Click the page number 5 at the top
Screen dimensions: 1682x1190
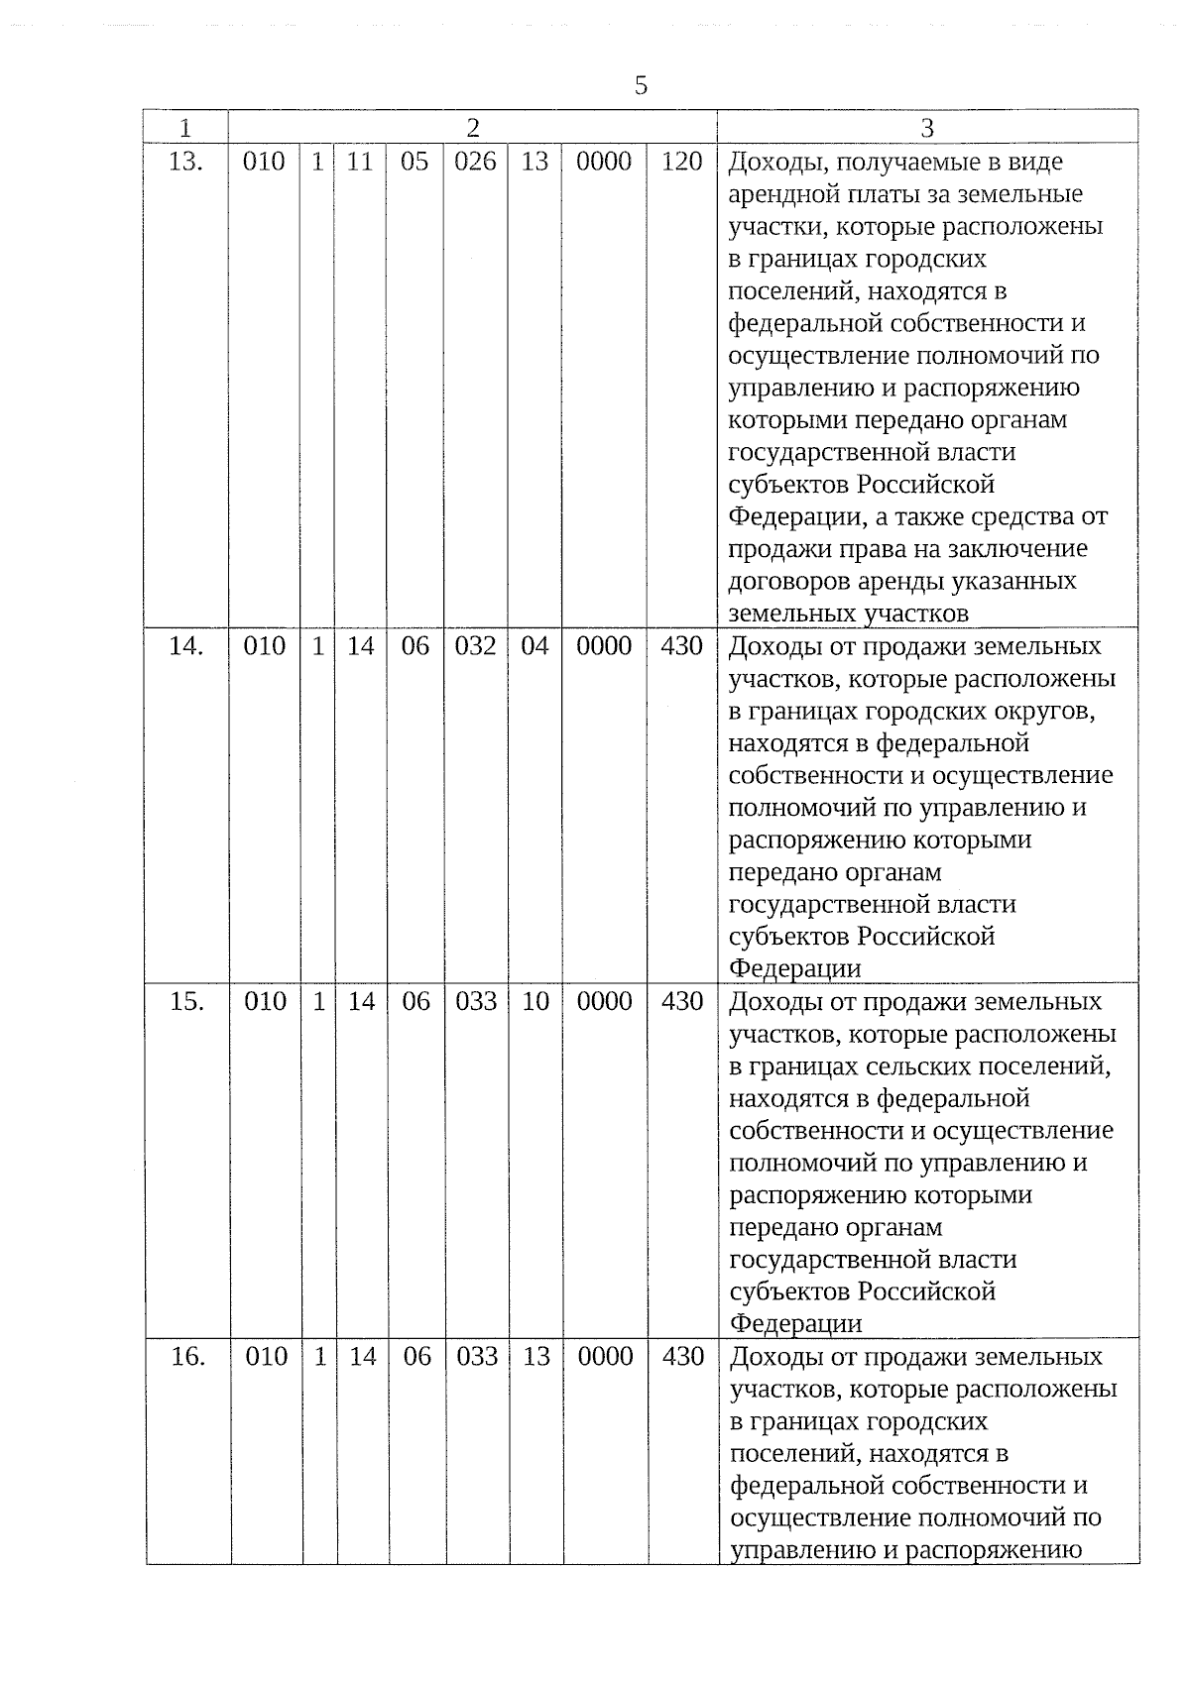point(641,86)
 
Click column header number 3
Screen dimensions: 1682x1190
point(927,128)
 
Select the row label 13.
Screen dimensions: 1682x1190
point(185,162)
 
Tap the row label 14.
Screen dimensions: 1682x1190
point(185,646)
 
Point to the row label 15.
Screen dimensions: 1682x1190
point(186,1002)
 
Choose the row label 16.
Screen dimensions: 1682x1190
point(187,1357)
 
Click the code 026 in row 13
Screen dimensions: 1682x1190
point(475,162)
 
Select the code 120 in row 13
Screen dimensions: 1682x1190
point(681,162)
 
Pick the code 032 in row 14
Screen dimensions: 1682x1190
point(475,646)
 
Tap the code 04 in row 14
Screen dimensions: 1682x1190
point(535,646)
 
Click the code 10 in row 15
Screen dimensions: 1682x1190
point(535,1002)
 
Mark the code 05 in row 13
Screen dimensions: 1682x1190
point(415,162)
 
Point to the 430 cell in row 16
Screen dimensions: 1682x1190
point(683,1357)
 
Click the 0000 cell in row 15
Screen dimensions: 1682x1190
point(605,1002)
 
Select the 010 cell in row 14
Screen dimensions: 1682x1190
point(264,646)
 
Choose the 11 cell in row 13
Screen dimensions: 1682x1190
point(360,162)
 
